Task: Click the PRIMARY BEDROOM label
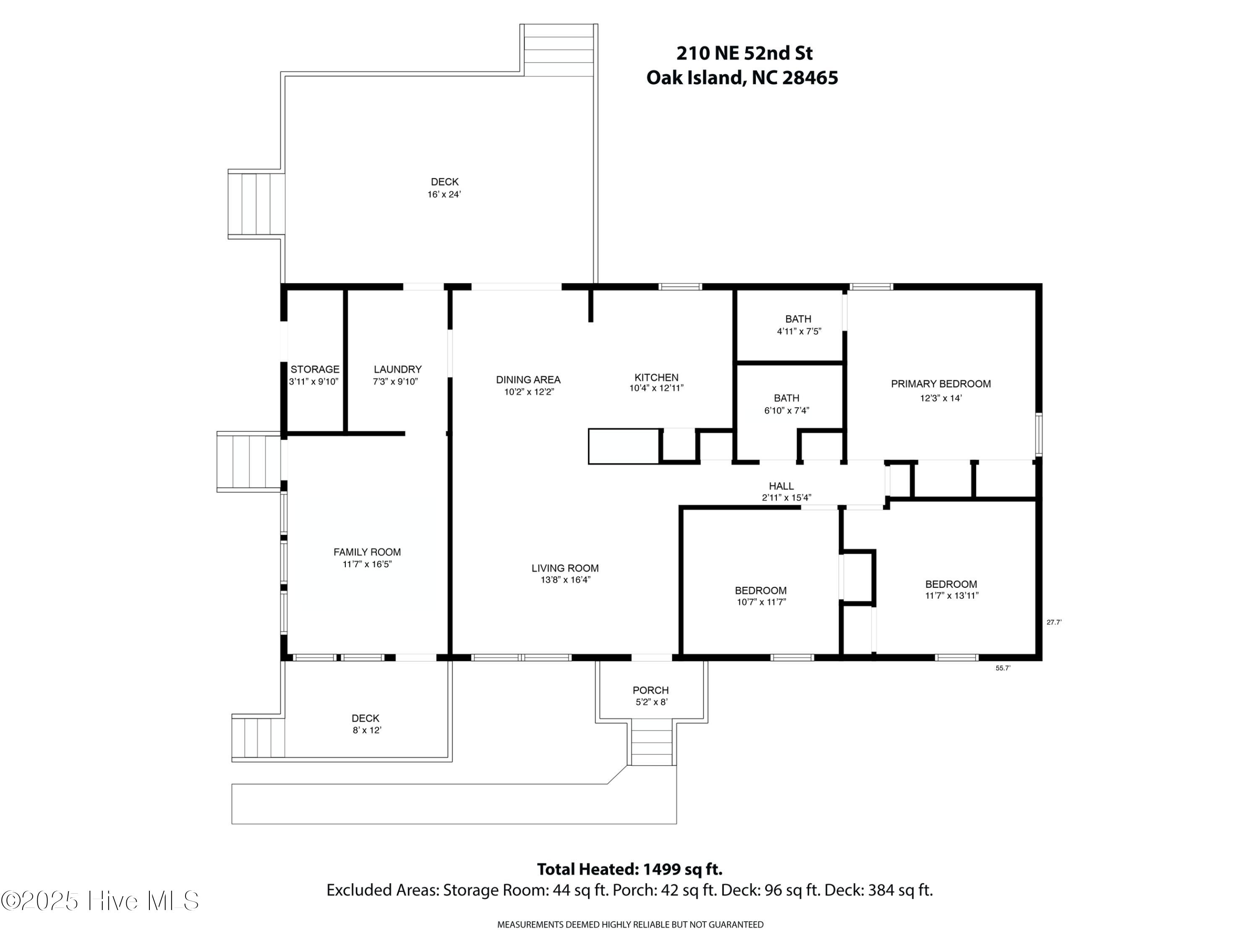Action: (940, 384)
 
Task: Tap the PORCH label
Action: (650, 690)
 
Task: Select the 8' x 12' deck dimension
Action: (366, 730)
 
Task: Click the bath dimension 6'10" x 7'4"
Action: (786, 411)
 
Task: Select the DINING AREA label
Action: (528, 380)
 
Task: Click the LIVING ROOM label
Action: (564, 568)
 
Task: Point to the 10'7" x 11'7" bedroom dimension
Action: (761, 602)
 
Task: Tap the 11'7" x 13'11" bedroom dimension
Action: (951, 596)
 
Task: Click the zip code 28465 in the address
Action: (810, 78)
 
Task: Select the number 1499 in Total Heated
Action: (661, 869)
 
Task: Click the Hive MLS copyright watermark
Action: (100, 901)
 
